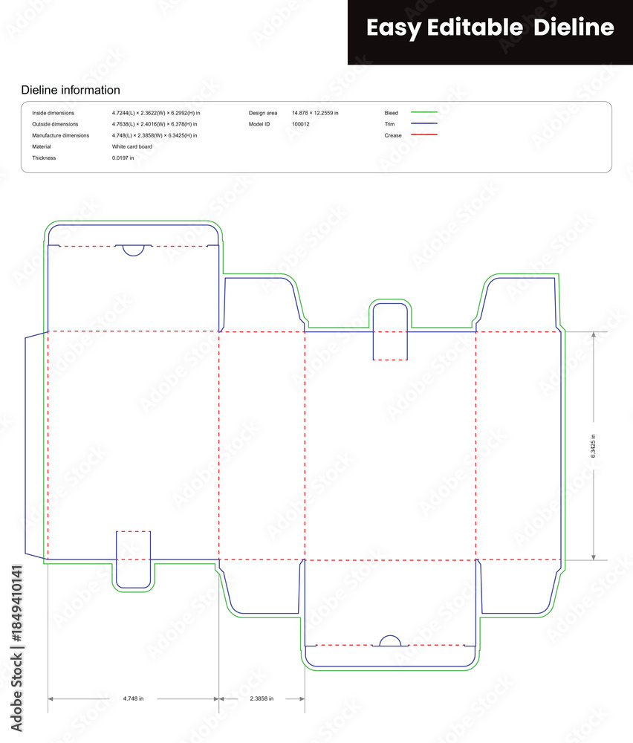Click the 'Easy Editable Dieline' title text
[490, 27]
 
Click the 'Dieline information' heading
[71, 90]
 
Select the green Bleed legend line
[424, 112]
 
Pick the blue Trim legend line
[424, 123]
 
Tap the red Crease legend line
[424, 135]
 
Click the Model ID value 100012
[300, 124]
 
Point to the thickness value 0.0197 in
[123, 158]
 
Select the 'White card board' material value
[132, 146]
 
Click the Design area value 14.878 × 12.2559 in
[315, 113]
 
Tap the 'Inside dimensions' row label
[53, 113]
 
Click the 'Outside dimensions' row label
[55, 124]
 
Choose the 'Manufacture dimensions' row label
[61, 135]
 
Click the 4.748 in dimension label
[133, 698]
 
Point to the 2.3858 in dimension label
[262, 698]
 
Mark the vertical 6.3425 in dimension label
[593, 446]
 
